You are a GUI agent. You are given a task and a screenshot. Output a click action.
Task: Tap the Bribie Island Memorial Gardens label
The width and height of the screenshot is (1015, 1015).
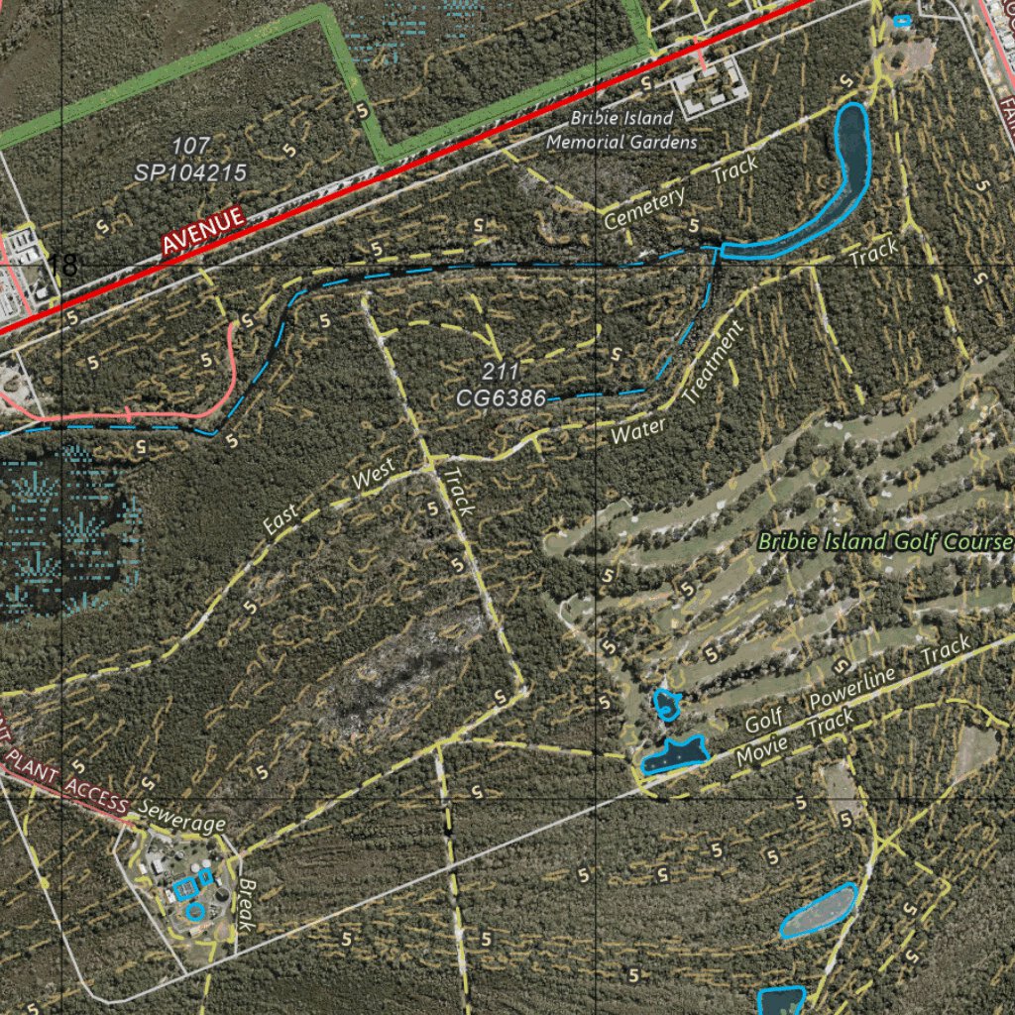tap(623, 130)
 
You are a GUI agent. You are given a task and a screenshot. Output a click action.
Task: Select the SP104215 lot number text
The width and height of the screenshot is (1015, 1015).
tap(190, 171)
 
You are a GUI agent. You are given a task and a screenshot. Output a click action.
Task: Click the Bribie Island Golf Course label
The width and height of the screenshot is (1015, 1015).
tap(885, 542)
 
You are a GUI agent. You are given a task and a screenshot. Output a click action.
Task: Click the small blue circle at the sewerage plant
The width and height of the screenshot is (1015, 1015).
tap(195, 909)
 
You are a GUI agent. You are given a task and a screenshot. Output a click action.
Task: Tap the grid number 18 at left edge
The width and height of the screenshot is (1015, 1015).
tap(62, 266)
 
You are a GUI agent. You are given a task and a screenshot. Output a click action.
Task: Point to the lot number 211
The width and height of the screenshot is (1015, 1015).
tap(501, 373)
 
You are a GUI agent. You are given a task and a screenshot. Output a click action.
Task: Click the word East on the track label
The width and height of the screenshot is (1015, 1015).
tap(282, 519)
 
